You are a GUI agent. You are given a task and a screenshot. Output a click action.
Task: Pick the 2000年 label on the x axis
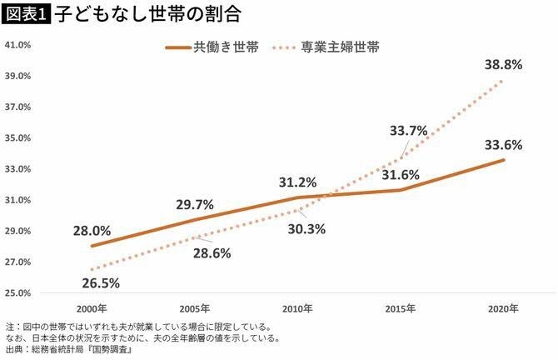(92, 308)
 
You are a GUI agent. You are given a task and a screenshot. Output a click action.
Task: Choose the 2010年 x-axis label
(297, 308)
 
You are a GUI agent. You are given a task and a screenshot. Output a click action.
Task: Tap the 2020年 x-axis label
(503, 308)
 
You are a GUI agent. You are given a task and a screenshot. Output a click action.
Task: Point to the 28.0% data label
(92, 230)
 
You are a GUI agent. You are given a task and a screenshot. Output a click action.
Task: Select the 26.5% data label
(102, 282)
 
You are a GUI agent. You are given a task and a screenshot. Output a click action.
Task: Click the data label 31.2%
(297, 182)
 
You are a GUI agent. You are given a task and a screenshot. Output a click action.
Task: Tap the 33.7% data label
(408, 130)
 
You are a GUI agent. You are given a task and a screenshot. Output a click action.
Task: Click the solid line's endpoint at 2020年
(503, 160)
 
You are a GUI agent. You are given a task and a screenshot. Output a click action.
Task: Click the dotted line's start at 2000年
(92, 270)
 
